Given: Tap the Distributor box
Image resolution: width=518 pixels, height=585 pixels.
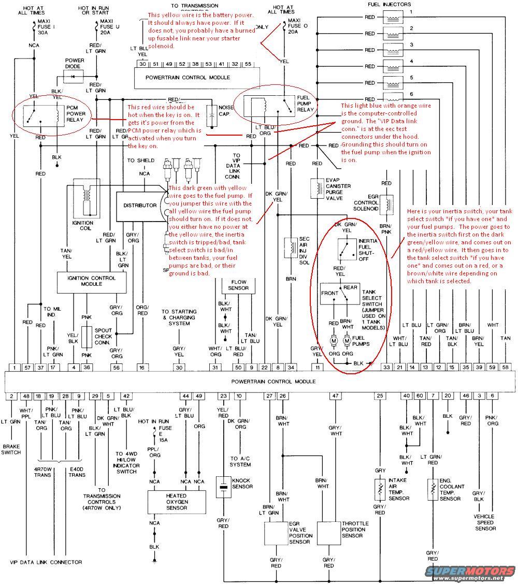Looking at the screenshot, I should (139, 206).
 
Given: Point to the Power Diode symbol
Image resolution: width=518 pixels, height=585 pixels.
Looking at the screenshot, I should (74, 77).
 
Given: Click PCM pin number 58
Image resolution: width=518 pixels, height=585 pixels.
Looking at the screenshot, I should (506, 367).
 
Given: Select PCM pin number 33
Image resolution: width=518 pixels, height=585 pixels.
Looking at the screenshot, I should (386, 367).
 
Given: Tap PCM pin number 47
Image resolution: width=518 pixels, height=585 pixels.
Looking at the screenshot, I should (335, 396).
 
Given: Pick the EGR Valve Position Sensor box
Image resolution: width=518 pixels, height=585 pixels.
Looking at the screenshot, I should (276, 532).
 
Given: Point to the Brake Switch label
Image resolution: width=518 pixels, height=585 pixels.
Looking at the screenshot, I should (11, 449).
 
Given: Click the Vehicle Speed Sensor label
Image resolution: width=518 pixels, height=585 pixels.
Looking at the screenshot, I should (485, 522).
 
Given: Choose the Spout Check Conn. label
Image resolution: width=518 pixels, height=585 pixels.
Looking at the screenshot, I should (103, 337).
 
